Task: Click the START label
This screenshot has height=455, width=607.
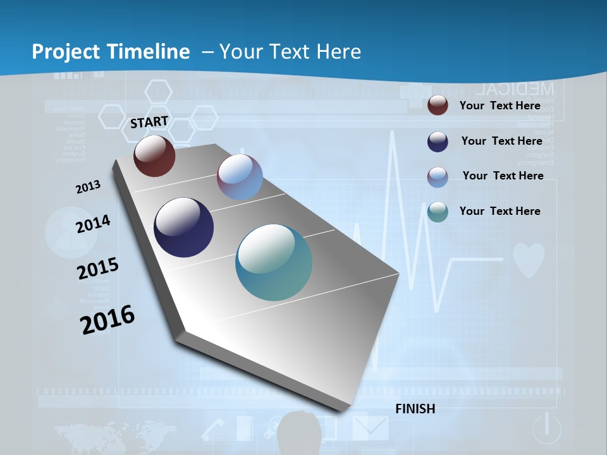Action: pyautogui.click(x=149, y=121)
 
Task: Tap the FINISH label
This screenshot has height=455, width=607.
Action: pyautogui.click(x=415, y=409)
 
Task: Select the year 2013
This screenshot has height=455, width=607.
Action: pyautogui.click(x=89, y=186)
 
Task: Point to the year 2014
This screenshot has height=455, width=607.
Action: pyautogui.click(x=93, y=224)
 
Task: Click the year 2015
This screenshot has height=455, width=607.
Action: pyautogui.click(x=98, y=269)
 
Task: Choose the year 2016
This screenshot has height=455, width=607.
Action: pyautogui.click(x=107, y=320)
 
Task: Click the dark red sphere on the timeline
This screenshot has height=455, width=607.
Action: pyautogui.click(x=154, y=155)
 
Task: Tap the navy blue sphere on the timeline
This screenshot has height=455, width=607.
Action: pyautogui.click(x=183, y=227)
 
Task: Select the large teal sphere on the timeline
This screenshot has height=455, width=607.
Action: pyautogui.click(x=274, y=262)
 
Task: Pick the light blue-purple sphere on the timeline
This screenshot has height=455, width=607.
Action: pyautogui.click(x=240, y=177)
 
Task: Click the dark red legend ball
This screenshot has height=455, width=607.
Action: pyautogui.click(x=438, y=106)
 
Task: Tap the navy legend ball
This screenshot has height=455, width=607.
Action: pyautogui.click(x=438, y=142)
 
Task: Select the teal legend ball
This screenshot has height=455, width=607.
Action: pyautogui.click(x=438, y=212)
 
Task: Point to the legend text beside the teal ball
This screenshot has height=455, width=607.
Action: pyautogui.click(x=500, y=211)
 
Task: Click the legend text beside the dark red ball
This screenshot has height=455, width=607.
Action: pyautogui.click(x=500, y=106)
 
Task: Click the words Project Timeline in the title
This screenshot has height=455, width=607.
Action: pyautogui.click(x=111, y=52)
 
